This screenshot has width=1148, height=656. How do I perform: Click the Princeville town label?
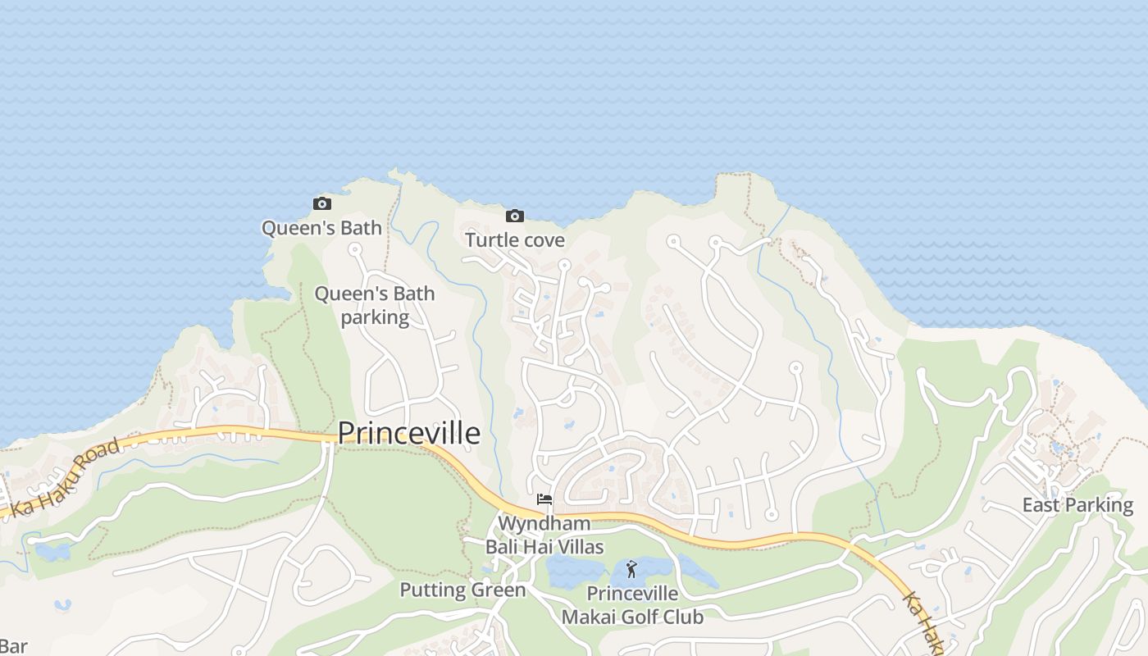pyautogui.click(x=408, y=433)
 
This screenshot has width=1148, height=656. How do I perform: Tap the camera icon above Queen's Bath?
pyautogui.click(x=322, y=203)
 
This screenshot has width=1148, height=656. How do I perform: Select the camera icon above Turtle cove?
pyautogui.click(x=514, y=216)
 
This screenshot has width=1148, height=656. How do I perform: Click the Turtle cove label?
pyautogui.click(x=515, y=239)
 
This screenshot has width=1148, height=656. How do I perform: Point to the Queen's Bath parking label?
pyautogui.click(x=375, y=305)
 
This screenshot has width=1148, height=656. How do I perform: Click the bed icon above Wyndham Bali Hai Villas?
pyautogui.click(x=544, y=499)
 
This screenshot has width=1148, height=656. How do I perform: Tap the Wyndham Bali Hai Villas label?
pyautogui.click(x=544, y=535)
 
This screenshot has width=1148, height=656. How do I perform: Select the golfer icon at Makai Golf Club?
pyautogui.click(x=631, y=569)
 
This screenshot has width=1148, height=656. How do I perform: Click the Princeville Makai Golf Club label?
pyautogui.click(x=632, y=605)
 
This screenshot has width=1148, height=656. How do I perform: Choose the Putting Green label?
pyautogui.click(x=462, y=590)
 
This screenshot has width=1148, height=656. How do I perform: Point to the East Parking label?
pyautogui.click(x=1077, y=505)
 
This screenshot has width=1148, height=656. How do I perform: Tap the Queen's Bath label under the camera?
pyautogui.click(x=321, y=228)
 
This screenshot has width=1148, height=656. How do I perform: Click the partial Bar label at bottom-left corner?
pyautogui.click(x=13, y=646)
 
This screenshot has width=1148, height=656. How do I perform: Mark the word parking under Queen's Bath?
pyautogui.click(x=375, y=317)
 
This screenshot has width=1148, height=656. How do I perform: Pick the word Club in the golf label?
pyautogui.click(x=684, y=617)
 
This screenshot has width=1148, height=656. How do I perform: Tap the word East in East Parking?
pyautogui.click(x=1041, y=505)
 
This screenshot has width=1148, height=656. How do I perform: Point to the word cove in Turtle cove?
pyautogui.click(x=543, y=239)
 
